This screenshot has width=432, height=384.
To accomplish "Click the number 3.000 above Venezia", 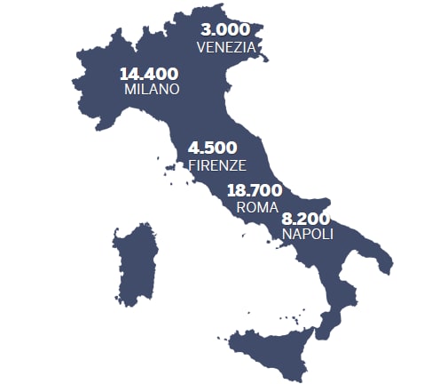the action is click(x=226, y=30).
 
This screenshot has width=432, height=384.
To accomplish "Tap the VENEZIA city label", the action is click(x=226, y=47).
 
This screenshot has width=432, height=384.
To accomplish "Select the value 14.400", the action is click(x=149, y=74).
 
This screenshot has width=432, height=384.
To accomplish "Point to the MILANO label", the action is click(x=152, y=90).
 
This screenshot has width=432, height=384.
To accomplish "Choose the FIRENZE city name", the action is click(x=216, y=165).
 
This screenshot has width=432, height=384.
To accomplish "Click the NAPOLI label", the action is click(x=307, y=235).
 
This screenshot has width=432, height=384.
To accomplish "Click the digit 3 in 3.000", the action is click(x=207, y=30).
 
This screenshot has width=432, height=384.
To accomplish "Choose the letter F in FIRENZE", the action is click(x=192, y=165).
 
